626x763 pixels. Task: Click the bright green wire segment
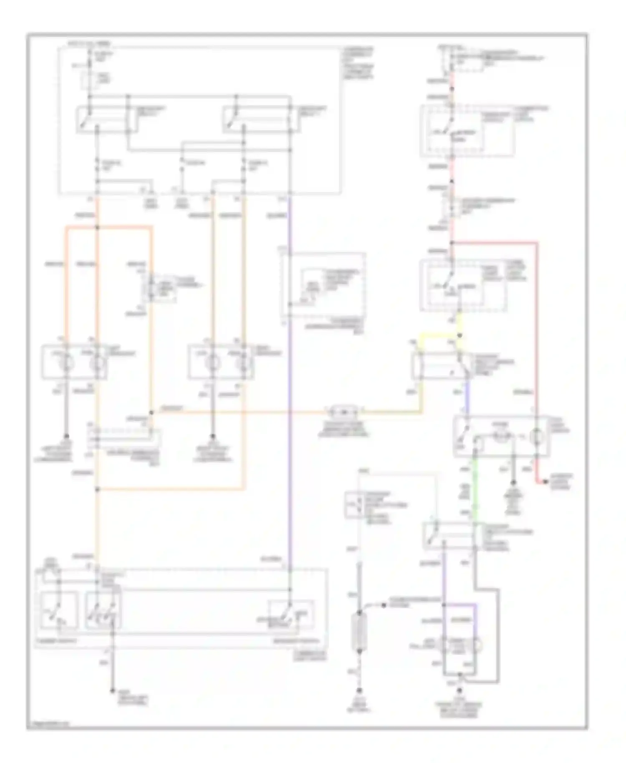[x=475, y=488]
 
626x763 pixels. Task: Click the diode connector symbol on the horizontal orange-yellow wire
[x=343, y=412]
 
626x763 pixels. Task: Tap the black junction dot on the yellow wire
[x=459, y=335]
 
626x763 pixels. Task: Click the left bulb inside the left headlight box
[x=66, y=362]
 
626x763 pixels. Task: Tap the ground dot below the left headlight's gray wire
[x=66, y=435]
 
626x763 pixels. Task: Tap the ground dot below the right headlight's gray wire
[x=212, y=435]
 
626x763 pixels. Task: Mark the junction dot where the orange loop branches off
[x=98, y=227]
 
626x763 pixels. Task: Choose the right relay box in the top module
[x=261, y=120]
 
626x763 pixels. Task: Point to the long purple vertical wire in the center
[x=289, y=376]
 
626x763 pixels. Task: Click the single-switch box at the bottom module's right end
[x=290, y=614]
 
